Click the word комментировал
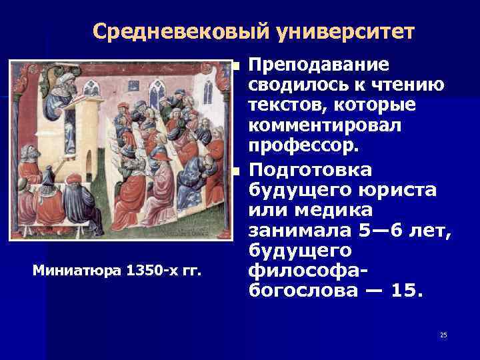pyautogui.click(x=328, y=125)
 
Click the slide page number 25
pyautogui.click(x=443, y=335)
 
